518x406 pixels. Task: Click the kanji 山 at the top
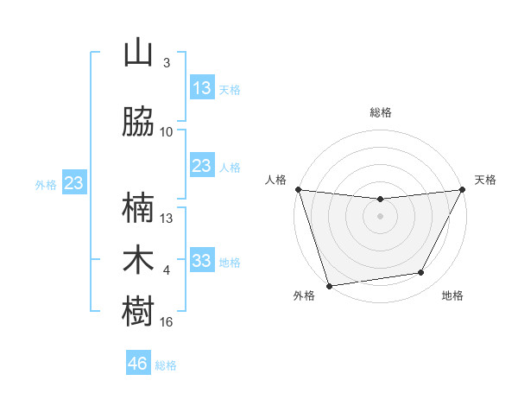click(x=138, y=54)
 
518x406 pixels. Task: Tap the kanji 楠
click(x=138, y=208)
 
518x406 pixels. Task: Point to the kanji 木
click(x=138, y=260)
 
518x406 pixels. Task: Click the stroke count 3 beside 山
click(x=167, y=63)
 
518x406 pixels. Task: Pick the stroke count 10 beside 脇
click(x=167, y=131)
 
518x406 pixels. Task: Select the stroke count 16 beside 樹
click(x=167, y=321)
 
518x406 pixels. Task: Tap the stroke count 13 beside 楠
click(x=167, y=218)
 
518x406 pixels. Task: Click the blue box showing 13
click(x=202, y=88)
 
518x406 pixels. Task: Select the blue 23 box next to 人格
click(x=202, y=166)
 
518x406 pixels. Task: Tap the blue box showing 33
click(x=202, y=261)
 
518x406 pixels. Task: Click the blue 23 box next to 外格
click(x=73, y=183)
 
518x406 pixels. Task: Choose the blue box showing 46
click(x=138, y=364)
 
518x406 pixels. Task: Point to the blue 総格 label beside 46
click(x=166, y=365)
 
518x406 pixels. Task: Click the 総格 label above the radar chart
click(x=380, y=112)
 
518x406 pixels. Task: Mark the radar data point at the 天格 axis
click(x=464, y=189)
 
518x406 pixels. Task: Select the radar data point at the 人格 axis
click(x=297, y=189)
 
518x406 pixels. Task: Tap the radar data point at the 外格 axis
click(x=329, y=285)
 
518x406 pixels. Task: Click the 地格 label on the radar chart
click(x=452, y=295)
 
